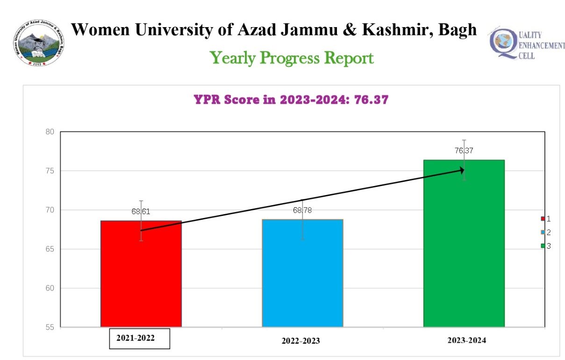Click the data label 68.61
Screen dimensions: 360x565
tap(141, 211)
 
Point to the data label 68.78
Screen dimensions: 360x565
tap(302, 210)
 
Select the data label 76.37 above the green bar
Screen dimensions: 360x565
tap(464, 151)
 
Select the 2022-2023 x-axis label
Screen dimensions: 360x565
tap(300, 341)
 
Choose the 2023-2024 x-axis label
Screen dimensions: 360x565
tap(466, 340)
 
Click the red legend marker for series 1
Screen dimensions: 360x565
tap(543, 219)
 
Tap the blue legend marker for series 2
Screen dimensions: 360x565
tap(543, 232)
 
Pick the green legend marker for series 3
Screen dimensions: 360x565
tap(543, 246)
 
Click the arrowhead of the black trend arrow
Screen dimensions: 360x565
tap(461, 171)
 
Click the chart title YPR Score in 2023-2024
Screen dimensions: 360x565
tap(291, 100)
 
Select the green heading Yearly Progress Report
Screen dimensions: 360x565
tap(292, 58)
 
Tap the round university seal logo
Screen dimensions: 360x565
tap(39, 43)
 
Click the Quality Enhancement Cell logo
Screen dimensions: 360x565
tap(526, 44)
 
